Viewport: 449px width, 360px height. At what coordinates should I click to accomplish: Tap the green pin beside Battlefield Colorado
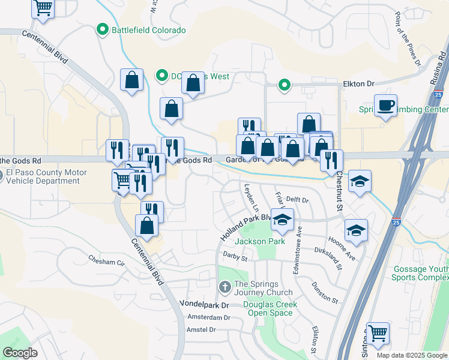coord(103,29)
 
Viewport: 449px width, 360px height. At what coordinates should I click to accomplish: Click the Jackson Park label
coord(259,241)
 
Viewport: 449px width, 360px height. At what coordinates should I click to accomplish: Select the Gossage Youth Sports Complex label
coord(420,273)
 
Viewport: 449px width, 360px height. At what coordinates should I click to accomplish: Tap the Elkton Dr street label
coord(358,85)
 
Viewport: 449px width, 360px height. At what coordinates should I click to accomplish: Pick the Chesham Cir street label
coord(106,262)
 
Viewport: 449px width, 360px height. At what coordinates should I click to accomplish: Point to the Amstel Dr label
coord(201,329)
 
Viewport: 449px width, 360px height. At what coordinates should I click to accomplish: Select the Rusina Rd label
coord(442,67)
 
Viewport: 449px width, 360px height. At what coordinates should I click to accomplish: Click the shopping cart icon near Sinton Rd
coord(378,333)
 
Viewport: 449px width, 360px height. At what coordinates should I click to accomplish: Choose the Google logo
coord(20,352)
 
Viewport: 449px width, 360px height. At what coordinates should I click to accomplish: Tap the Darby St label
coord(235,258)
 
